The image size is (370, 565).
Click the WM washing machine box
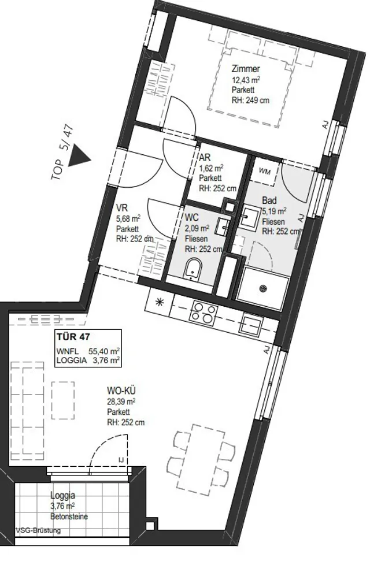coord(267,170)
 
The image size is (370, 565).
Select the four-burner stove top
coord(203,311)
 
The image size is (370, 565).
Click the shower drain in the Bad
coord(263,288)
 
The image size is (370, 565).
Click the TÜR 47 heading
coord(73,337)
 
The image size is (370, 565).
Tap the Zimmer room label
coord(246,69)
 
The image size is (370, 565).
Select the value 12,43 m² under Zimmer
coord(246,80)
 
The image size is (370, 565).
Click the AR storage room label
coord(205,158)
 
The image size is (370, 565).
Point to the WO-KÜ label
coord(121,391)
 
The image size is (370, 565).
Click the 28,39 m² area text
coord(121,401)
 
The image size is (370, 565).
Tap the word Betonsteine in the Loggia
coord(69,516)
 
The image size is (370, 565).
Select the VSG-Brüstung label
coord(38,530)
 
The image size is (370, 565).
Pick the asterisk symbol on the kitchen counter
coord(159,302)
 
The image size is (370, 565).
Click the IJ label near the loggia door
coord(121,460)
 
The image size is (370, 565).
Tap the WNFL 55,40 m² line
coord(88,351)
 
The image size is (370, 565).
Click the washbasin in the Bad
coord(249,217)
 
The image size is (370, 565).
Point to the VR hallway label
coord(121,208)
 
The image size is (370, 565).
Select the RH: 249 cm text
coord(250,100)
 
